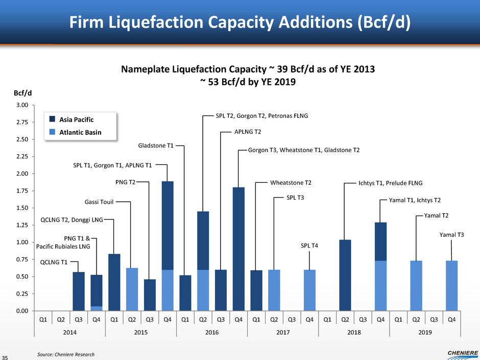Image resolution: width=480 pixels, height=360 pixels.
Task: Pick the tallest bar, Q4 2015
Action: pos(167,245)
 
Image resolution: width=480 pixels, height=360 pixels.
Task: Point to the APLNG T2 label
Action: pos(247,132)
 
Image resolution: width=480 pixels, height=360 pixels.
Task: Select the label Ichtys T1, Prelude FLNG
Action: pos(391,182)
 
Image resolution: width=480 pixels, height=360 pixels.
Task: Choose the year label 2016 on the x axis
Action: pos(212,332)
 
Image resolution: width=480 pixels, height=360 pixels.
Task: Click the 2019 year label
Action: pos(425,332)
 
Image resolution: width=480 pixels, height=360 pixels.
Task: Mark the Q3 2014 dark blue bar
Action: pos(79,291)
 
